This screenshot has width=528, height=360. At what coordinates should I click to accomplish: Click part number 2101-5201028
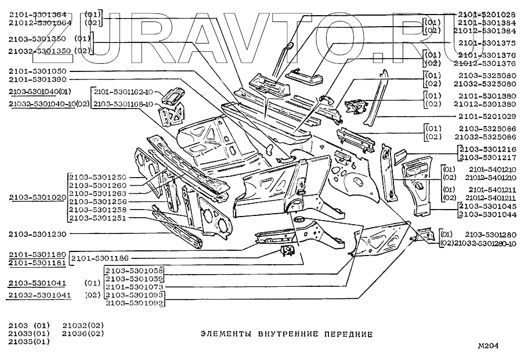(x=486, y=13)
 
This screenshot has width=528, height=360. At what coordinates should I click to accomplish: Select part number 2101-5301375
(x=486, y=42)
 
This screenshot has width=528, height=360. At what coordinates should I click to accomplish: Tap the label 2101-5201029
(x=486, y=116)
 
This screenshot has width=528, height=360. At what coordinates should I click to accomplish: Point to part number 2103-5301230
(x=38, y=234)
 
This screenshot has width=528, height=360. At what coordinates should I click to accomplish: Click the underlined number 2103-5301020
(x=38, y=197)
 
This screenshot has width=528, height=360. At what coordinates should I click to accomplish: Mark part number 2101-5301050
(x=38, y=71)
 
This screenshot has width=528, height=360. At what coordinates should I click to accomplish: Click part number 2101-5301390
(x=38, y=80)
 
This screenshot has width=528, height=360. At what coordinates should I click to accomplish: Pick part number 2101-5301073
(x=133, y=287)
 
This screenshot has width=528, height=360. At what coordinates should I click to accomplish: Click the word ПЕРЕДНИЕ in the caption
(x=347, y=334)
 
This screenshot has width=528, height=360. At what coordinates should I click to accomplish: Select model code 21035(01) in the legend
(x=29, y=342)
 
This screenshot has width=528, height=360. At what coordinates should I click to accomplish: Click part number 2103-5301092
(x=133, y=303)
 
